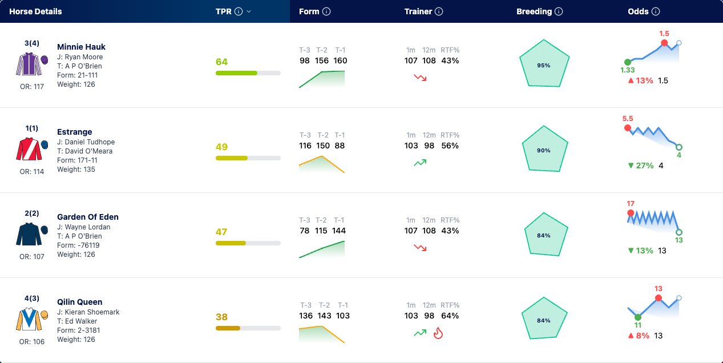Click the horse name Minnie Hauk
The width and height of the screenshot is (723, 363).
click(x=81, y=47)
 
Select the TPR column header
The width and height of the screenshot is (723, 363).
click(x=223, y=11)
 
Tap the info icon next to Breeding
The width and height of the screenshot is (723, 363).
click(x=559, y=11)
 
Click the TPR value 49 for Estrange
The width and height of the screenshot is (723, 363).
click(x=222, y=147)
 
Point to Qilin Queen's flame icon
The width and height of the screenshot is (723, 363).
click(x=438, y=333)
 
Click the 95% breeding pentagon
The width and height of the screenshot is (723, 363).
click(x=544, y=63)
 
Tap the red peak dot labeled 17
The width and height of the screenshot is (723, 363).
click(x=631, y=213)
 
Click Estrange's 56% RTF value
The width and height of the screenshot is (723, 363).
click(x=450, y=146)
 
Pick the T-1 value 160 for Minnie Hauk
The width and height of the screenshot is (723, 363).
click(x=340, y=61)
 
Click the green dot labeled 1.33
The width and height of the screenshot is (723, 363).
click(x=628, y=62)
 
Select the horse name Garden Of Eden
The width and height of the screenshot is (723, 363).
click(x=88, y=217)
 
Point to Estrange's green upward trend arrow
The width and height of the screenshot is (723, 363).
click(x=420, y=163)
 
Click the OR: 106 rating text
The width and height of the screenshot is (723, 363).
click(x=31, y=342)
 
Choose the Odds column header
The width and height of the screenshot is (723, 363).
click(x=638, y=11)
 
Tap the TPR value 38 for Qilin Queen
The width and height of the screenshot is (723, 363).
click(x=222, y=317)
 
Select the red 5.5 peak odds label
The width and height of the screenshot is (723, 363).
click(x=628, y=119)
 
